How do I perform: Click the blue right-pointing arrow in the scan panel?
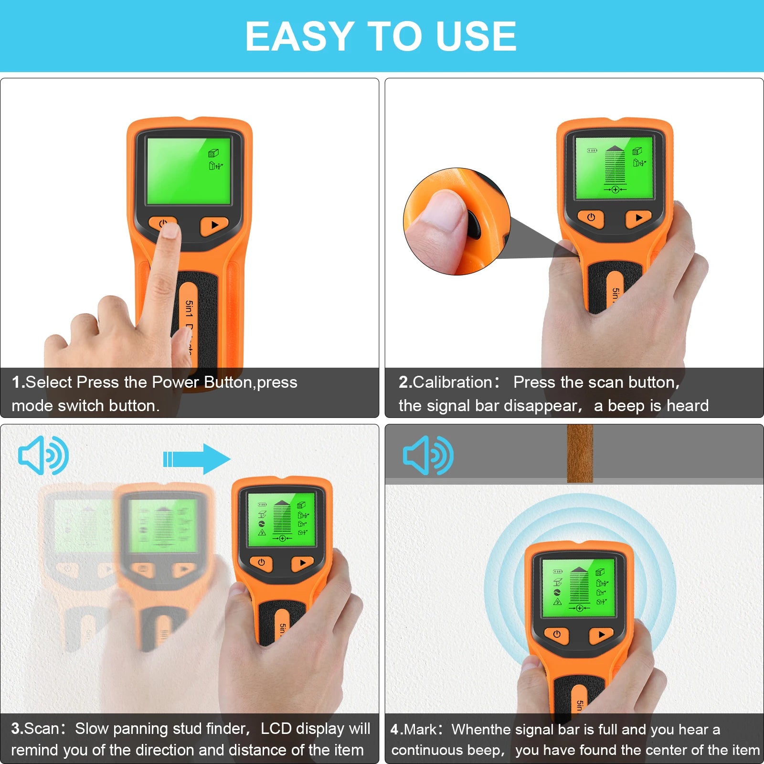[197, 459]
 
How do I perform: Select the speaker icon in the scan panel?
[43, 455]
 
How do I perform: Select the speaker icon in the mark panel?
[428, 455]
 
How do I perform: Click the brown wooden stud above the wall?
[580, 454]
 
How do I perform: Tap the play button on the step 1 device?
[214, 225]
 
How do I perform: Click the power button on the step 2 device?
[591, 218]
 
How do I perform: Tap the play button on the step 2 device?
[638, 218]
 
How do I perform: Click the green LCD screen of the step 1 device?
[189, 170]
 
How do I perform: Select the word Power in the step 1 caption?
[175, 382]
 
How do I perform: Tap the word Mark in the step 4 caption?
[420, 729]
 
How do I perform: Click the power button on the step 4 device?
[557, 635]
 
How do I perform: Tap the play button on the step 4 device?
[601, 635]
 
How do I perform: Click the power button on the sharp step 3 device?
[261, 562]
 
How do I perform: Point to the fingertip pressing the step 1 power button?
[170, 233]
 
